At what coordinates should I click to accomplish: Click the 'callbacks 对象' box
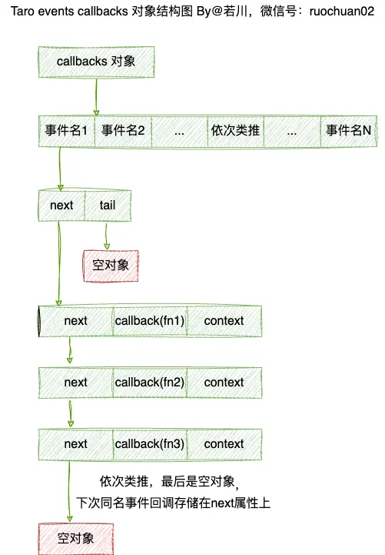96,61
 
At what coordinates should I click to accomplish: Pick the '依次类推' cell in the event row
235,130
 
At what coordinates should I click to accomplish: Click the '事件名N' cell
348,130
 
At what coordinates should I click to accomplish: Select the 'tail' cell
108,205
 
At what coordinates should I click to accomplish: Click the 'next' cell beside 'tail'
61,205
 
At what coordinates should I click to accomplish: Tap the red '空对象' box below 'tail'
111,263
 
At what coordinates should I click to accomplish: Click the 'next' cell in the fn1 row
76,320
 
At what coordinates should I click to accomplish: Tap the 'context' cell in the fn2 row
224,382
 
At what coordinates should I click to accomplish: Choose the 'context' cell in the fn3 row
224,443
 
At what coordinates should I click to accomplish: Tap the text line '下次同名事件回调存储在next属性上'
174,503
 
